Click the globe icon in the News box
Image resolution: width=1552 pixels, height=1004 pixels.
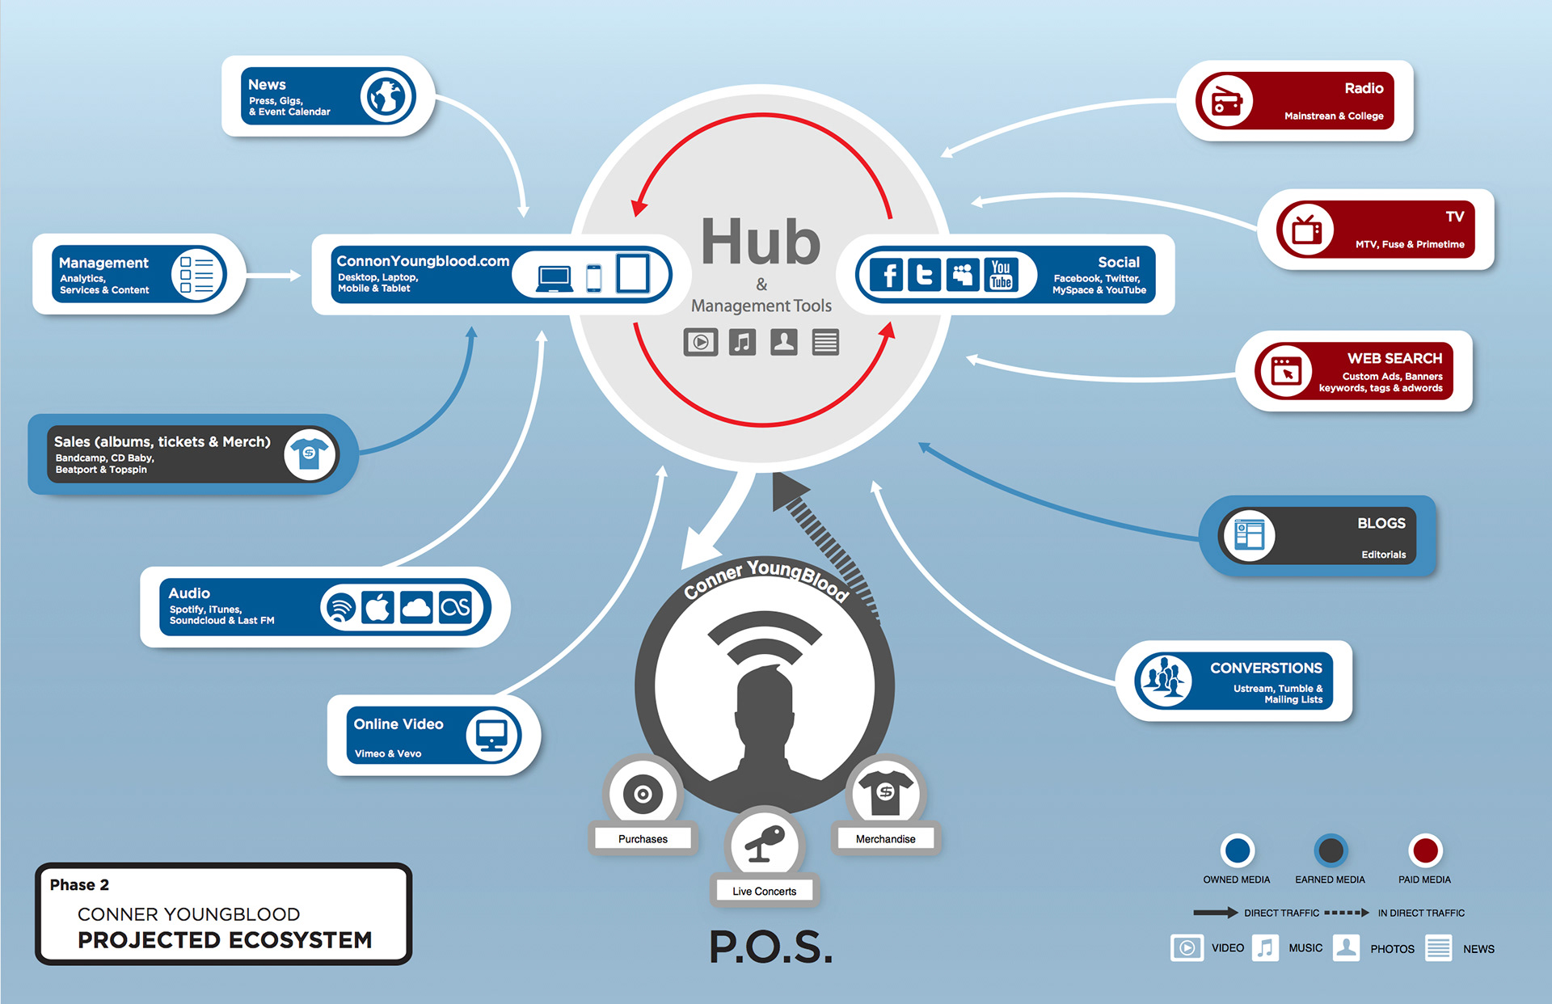click(387, 96)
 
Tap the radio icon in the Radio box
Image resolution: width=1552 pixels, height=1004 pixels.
click(1225, 102)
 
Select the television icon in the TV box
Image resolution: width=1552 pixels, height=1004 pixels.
click(1305, 230)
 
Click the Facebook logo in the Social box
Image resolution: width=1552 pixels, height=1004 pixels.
click(888, 275)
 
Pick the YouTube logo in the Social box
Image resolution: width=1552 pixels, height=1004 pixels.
click(1001, 275)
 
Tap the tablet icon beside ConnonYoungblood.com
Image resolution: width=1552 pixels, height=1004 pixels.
click(632, 273)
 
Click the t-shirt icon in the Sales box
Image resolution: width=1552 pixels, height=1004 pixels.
click(310, 454)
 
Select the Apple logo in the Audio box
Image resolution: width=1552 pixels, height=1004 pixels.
click(377, 607)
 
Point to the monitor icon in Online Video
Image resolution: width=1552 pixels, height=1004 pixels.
click(491, 735)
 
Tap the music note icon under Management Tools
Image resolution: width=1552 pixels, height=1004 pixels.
click(742, 342)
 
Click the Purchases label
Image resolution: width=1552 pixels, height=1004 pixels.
click(643, 839)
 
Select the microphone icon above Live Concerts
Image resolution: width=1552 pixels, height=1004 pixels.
click(764, 844)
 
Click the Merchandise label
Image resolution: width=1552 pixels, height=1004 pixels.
click(885, 839)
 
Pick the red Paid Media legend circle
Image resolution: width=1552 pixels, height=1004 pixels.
click(1424, 850)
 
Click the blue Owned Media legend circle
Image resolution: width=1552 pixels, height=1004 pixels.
click(1237, 850)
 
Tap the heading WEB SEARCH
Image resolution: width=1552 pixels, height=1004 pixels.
click(1394, 358)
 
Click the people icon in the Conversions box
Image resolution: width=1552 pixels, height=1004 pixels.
click(1163, 679)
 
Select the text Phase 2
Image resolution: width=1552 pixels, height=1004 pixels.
click(79, 885)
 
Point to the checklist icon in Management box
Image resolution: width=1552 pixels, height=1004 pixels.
click(196, 275)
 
